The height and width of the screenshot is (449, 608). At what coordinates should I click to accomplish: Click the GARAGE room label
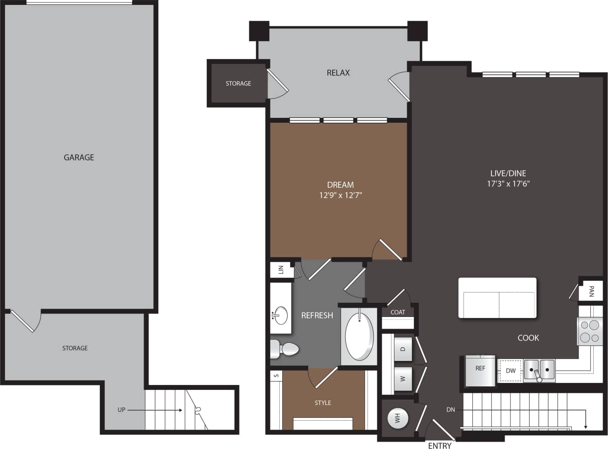coord(78,157)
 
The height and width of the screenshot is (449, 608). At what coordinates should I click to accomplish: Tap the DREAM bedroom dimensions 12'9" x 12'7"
coord(340,195)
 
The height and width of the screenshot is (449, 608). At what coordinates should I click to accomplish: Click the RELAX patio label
coord(338,73)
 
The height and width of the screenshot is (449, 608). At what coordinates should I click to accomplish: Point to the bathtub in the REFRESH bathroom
coord(359,337)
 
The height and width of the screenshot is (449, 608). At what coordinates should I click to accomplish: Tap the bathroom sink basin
coord(281,314)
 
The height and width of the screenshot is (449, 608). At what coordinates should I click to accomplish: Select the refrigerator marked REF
coord(480,369)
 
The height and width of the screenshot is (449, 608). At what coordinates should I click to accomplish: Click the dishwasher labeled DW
coord(511,371)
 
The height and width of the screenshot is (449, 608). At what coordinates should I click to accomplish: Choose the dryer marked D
coord(403,349)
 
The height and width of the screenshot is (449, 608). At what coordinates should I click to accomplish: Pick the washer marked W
coord(403,378)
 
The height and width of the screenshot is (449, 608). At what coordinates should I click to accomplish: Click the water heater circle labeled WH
coord(398,419)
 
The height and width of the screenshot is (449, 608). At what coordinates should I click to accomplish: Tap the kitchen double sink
coord(539,370)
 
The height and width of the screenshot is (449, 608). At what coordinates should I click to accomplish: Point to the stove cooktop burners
coord(589,331)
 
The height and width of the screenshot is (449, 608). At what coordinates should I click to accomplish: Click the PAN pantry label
coord(591,292)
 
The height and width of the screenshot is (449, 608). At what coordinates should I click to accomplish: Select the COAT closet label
coord(398,312)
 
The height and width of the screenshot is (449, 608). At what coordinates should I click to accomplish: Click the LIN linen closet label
coord(281,270)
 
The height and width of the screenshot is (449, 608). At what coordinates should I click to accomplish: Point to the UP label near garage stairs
coord(123,410)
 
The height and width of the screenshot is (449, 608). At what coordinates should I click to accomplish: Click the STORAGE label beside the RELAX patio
coord(238,84)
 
